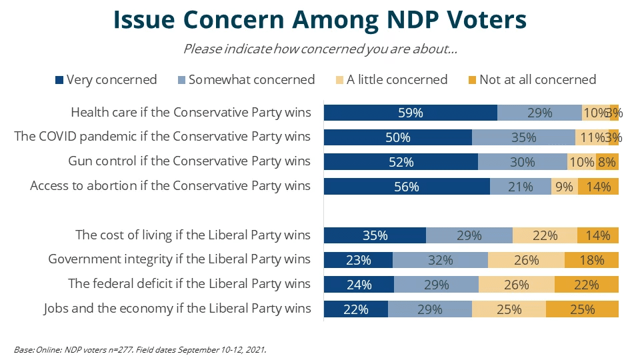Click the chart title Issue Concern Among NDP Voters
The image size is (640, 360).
[x=320, y=20]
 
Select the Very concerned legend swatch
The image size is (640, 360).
[x=59, y=80]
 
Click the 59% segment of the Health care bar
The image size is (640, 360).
[x=411, y=113]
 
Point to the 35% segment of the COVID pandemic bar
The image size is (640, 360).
[x=523, y=137]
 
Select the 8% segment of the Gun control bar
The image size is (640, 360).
[x=607, y=162]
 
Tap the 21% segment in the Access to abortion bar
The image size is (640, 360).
[x=521, y=187]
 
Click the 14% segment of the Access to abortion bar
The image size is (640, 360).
[x=598, y=187]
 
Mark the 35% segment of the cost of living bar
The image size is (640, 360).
[x=375, y=235]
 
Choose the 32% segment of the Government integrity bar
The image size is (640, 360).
[x=440, y=260]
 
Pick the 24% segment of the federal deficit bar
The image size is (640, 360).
[x=359, y=284]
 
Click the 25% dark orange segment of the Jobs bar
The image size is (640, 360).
[x=582, y=309]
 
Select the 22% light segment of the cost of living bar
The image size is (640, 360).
[x=545, y=235]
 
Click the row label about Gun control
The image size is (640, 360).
[x=189, y=161]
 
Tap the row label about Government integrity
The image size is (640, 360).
[x=179, y=259]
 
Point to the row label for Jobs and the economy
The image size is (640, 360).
[x=177, y=308]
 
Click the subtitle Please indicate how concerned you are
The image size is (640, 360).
[x=320, y=49]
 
